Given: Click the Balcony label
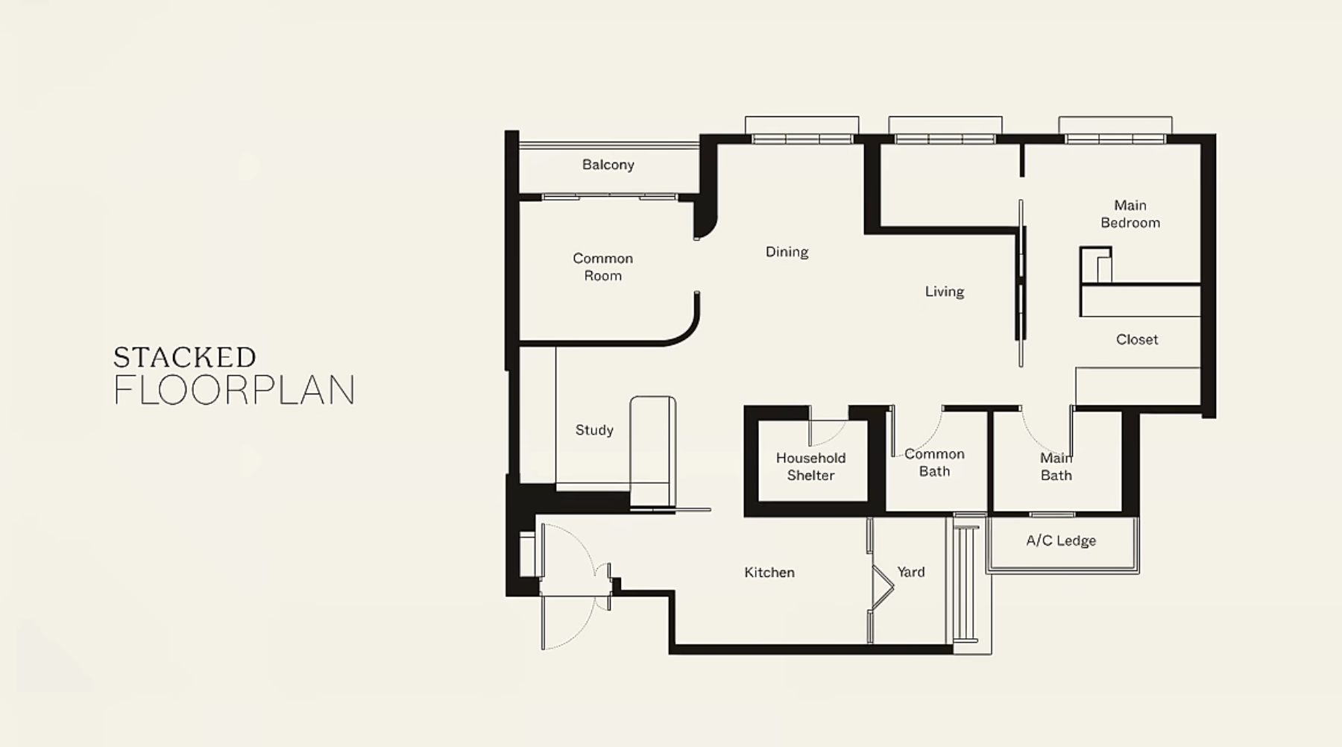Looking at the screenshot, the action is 608,165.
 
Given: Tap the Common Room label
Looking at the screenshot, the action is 602,267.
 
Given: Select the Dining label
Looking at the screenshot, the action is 787,252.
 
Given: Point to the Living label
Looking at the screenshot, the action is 945,291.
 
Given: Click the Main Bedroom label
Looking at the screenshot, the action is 1130,214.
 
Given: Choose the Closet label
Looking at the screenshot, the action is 1137,339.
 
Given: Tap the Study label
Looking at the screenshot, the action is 594,430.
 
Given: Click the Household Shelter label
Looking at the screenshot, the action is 810,467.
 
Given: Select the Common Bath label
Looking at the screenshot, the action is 934,462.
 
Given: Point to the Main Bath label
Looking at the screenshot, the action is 1056,467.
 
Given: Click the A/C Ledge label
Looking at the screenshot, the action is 1061,540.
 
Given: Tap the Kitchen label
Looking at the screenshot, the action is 769,573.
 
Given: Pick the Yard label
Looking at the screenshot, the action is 911,572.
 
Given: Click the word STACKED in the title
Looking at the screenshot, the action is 185,358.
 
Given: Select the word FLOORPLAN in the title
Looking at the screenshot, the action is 234,390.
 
